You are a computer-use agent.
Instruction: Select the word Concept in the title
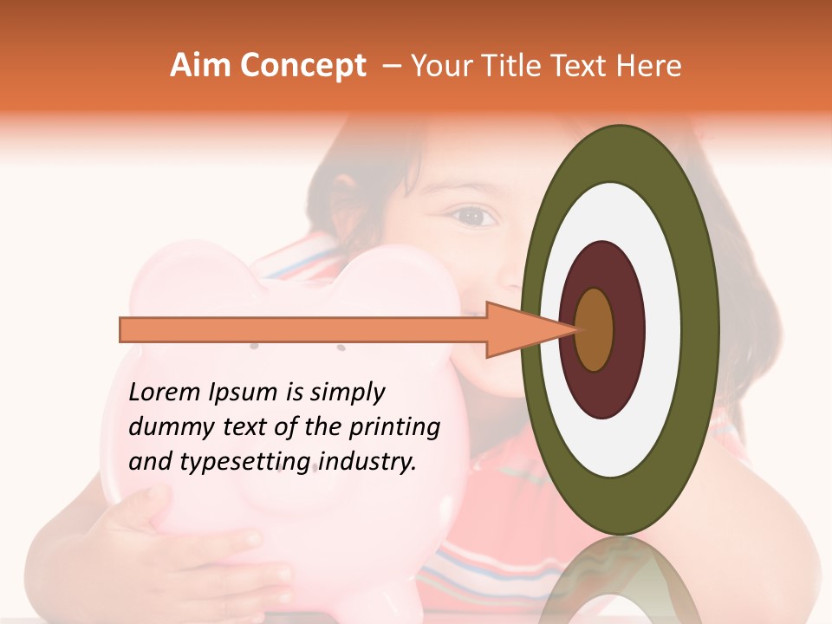pyautogui.click(x=302, y=66)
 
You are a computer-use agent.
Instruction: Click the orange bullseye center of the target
pyautogui.click(x=595, y=329)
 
